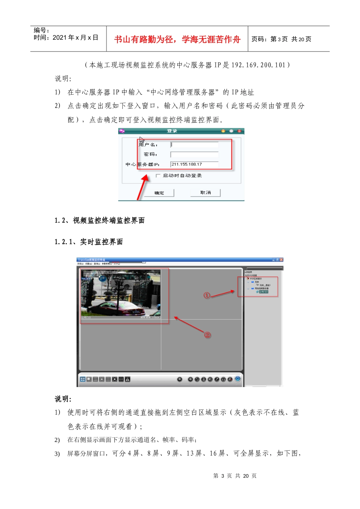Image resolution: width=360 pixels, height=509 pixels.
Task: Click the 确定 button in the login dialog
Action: (x=159, y=193)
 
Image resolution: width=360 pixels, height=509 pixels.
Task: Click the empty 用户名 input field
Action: (x=194, y=145)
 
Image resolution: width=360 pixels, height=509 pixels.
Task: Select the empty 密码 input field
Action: (x=194, y=155)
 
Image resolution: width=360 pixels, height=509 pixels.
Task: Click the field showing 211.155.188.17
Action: (x=194, y=164)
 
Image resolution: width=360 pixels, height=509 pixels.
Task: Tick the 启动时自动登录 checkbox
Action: (x=158, y=176)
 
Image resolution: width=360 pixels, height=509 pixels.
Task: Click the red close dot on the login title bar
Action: (x=239, y=131)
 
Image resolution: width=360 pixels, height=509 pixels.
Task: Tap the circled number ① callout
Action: (x=207, y=295)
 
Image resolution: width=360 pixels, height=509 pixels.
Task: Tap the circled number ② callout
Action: (x=207, y=335)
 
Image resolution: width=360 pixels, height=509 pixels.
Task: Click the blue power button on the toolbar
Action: (x=238, y=379)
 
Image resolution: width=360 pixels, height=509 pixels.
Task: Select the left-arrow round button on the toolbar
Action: (x=180, y=379)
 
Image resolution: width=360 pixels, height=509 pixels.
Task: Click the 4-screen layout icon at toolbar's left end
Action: (x=83, y=379)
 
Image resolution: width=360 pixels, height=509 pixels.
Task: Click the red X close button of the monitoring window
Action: (x=281, y=260)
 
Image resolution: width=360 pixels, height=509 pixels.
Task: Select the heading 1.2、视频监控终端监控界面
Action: (x=100, y=220)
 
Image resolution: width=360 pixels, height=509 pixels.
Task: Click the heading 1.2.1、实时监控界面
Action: (x=89, y=242)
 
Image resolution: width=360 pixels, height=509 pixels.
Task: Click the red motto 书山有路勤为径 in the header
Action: (x=177, y=39)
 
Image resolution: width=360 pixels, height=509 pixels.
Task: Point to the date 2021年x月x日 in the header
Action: (x=75, y=37)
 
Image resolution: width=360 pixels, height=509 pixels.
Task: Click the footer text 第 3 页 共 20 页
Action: (x=235, y=476)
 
